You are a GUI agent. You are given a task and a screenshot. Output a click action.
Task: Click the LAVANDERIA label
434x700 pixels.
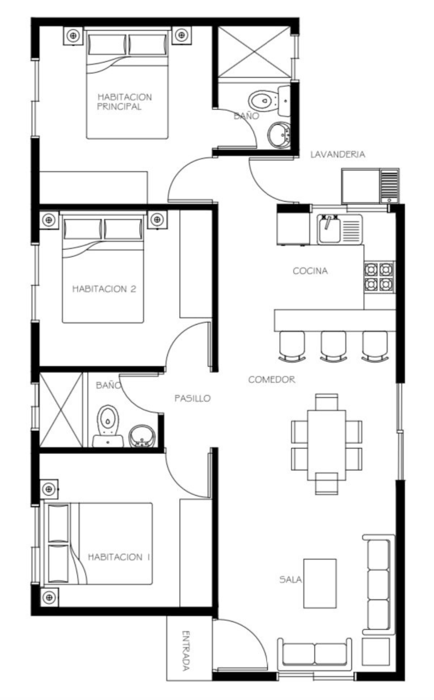(338, 154)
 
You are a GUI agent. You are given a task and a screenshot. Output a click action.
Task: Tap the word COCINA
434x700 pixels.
(310, 270)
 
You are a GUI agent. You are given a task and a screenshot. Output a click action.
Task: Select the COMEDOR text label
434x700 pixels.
(272, 379)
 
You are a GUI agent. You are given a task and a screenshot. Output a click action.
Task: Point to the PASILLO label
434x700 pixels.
(193, 398)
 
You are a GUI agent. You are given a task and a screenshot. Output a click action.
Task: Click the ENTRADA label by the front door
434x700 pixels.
(186, 651)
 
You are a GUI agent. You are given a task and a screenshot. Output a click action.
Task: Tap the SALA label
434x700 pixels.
(291, 580)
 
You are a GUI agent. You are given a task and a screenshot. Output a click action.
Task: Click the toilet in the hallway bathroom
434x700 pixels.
(108, 426)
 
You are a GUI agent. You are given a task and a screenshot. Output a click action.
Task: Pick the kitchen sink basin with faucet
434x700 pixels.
(329, 229)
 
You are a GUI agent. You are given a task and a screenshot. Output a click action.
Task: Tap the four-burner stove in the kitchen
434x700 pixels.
(379, 277)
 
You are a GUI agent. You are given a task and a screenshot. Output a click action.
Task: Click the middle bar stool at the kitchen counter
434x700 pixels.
(334, 346)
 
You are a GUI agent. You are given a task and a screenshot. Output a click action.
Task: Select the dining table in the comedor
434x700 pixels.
(327, 445)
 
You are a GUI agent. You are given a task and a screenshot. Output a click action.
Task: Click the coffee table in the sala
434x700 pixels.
(320, 584)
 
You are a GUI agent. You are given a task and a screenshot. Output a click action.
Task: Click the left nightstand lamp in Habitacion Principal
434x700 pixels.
(73, 36)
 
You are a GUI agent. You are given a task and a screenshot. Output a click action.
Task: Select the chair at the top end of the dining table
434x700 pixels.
(326, 402)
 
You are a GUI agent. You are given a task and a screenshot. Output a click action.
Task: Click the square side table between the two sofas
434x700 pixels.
(375, 652)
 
